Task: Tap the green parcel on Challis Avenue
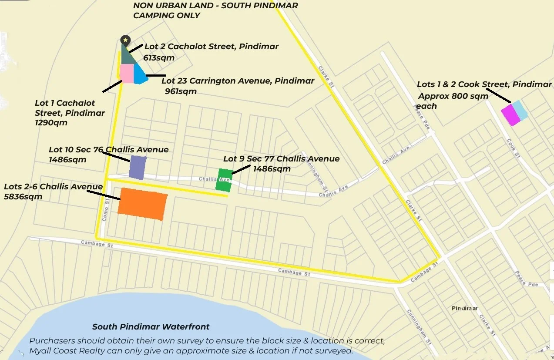(224, 180)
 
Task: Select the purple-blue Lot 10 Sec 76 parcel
(138, 167)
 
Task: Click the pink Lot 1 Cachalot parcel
(127, 73)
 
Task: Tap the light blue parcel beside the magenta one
(520, 110)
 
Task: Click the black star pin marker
(125, 40)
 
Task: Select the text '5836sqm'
(23, 196)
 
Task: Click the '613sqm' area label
(159, 57)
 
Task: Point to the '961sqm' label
(181, 91)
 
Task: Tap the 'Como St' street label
(104, 214)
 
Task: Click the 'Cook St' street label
(513, 148)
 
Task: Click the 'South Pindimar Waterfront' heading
(151, 326)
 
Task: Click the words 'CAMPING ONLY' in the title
(167, 16)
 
